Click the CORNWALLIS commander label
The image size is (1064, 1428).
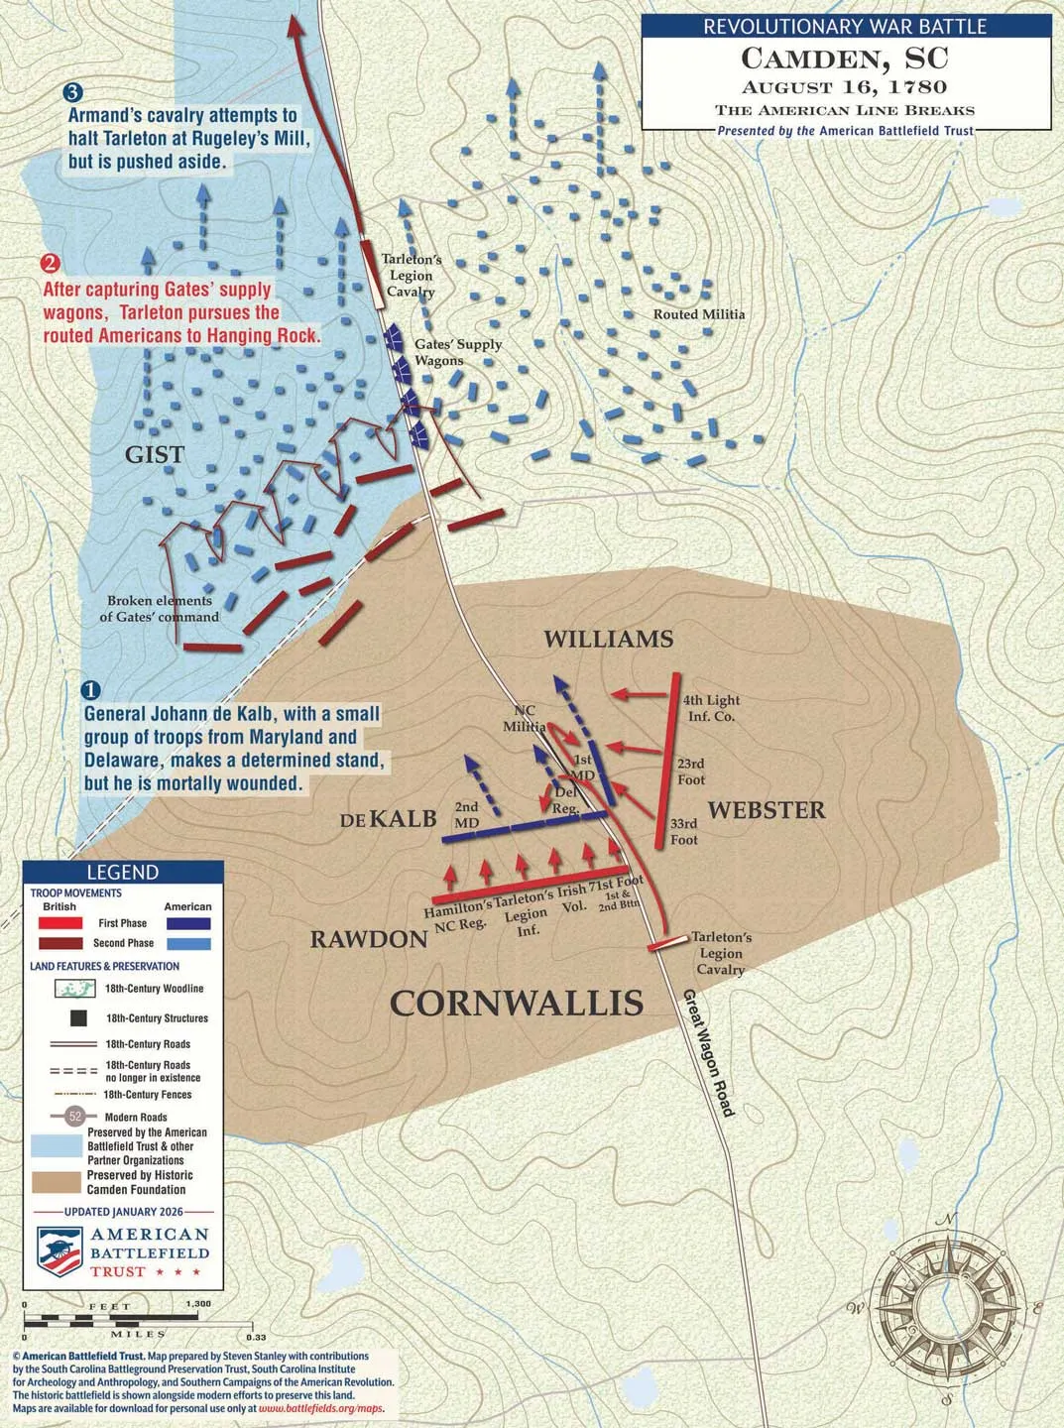coord(517,1003)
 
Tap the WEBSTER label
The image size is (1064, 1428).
coord(766,810)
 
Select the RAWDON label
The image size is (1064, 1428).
coord(369,939)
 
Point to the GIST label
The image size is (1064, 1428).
coord(155,454)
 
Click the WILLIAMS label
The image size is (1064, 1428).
coord(608,639)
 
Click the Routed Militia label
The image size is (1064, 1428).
coord(699,314)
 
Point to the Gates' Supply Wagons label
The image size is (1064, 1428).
coord(458,352)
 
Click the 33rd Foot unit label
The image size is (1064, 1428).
coord(684,831)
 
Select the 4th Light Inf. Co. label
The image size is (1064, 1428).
coord(711,708)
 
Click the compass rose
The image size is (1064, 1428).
coord(946,1307)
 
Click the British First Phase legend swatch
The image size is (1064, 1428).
coord(60,923)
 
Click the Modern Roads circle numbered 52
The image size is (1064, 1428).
coord(75,1117)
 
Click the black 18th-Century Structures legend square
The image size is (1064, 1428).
coord(78,1018)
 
